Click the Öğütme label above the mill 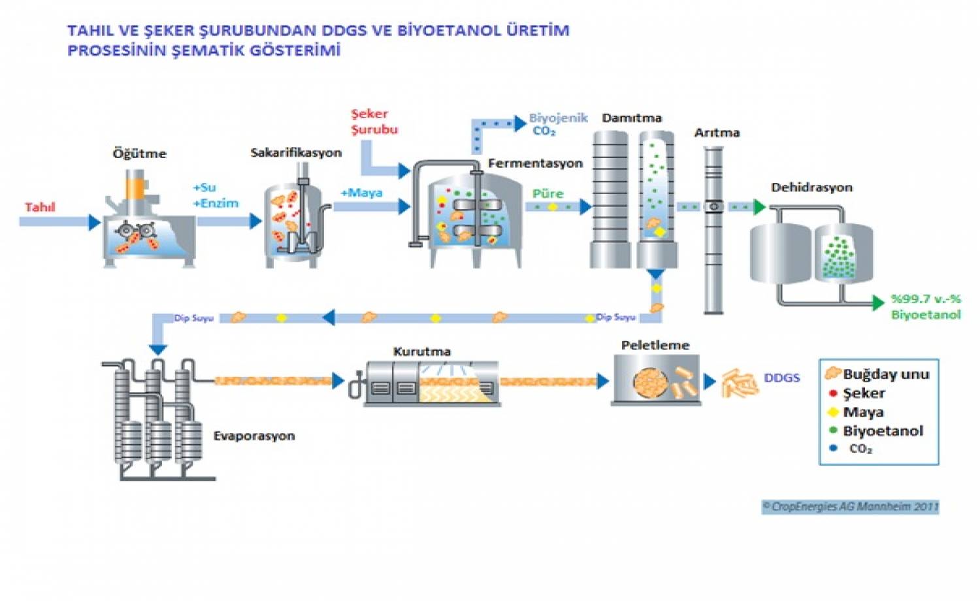coord(139,154)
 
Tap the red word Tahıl coord(40,207)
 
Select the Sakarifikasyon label coord(296,152)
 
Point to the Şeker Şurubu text coord(374,122)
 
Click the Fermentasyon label coord(535,163)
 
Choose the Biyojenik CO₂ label coord(557,124)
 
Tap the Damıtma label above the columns coord(631,118)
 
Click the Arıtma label coord(717,133)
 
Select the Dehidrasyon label coord(811,187)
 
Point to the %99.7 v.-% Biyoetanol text coord(926,306)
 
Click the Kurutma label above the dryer coord(421,351)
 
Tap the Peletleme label coord(655,345)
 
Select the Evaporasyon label coord(253,436)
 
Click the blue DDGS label coord(781,378)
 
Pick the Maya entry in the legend coord(862,412)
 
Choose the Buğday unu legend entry coord(885,374)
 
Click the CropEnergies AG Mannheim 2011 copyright coord(850,506)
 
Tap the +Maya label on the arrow coord(361,193)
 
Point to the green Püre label coord(547,193)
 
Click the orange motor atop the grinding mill coord(135,188)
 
